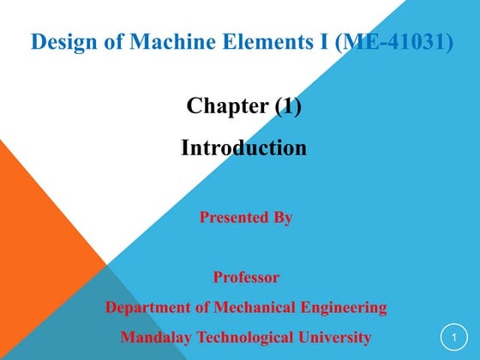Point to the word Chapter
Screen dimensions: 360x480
click(x=227, y=106)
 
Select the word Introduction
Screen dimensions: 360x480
click(x=243, y=147)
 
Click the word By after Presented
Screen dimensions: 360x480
click(x=283, y=218)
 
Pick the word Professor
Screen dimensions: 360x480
click(x=246, y=278)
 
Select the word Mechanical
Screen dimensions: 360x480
click(x=249, y=307)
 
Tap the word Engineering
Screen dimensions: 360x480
click(x=341, y=307)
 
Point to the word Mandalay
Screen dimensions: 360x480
click(x=157, y=337)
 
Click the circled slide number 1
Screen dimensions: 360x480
click(x=454, y=337)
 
